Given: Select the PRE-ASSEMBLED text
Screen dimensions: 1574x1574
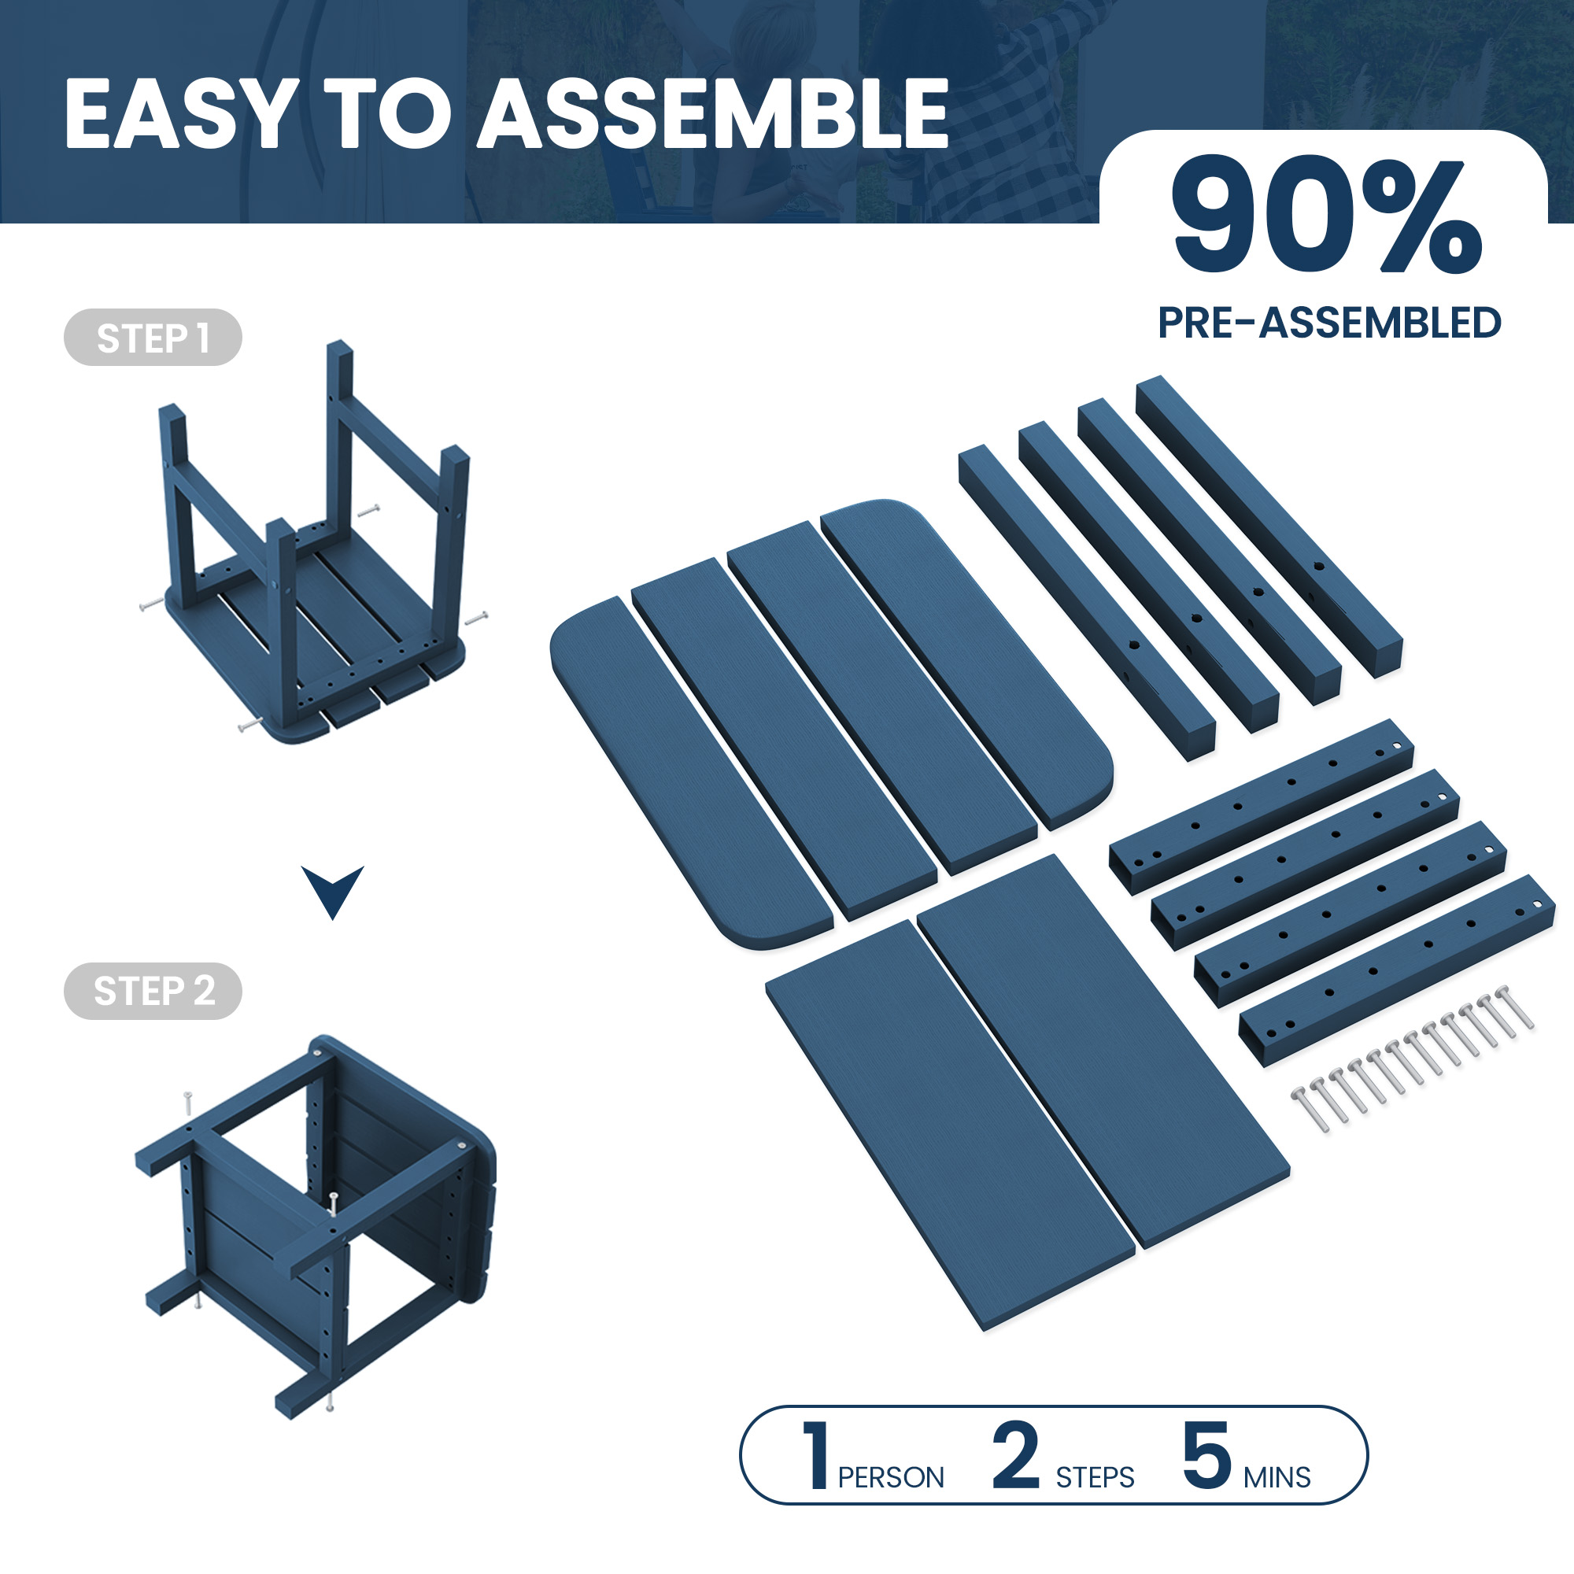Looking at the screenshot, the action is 1328,323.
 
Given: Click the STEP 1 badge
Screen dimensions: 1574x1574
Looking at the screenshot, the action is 153,338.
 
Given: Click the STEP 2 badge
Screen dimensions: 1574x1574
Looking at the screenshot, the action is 153,991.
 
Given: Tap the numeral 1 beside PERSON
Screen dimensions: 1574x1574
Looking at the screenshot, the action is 815,1455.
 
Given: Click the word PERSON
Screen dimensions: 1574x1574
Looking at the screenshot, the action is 890,1477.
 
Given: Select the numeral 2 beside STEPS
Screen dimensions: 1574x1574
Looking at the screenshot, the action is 1016,1455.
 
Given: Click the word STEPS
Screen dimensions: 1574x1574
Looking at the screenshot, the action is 1095,1477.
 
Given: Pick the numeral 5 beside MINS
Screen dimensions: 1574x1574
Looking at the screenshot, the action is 1206,1456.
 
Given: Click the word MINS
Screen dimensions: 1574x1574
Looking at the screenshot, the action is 1277,1477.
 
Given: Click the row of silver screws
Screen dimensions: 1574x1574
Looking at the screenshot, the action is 1413,1059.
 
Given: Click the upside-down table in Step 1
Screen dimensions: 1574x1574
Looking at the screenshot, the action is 314,541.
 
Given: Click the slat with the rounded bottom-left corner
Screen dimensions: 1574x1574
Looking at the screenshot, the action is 692,773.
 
